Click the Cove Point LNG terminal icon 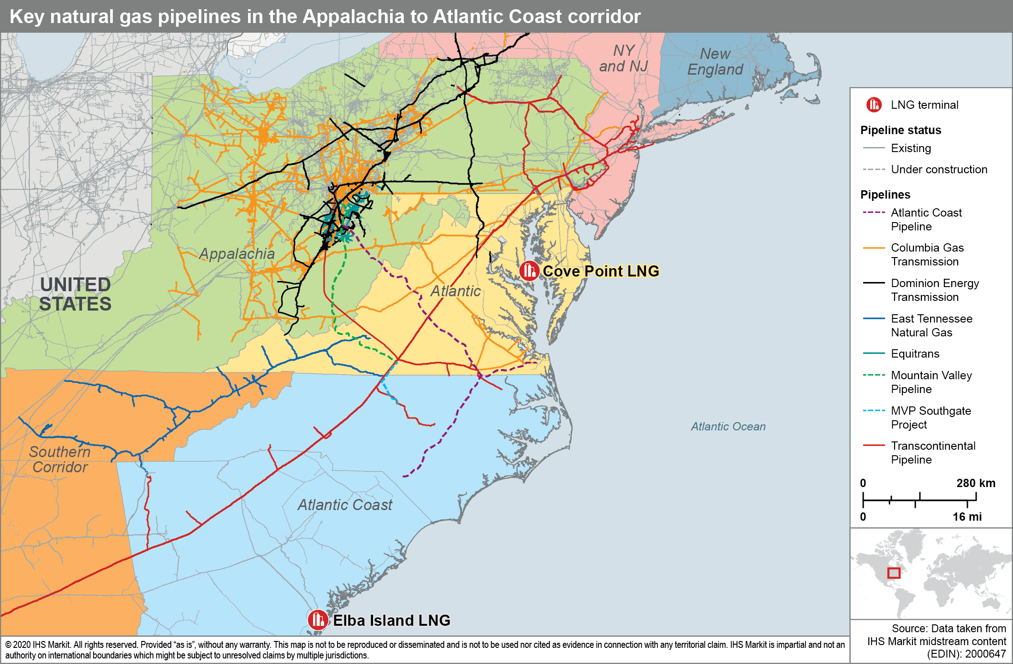pyautogui.click(x=529, y=271)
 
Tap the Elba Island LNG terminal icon pyautogui.click(x=318, y=620)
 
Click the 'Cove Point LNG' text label pyautogui.click(x=601, y=271)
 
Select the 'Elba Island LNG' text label pyautogui.click(x=391, y=620)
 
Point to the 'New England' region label pyautogui.click(x=715, y=62)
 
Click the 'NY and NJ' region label pyautogui.click(x=623, y=59)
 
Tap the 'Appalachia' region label pyautogui.click(x=237, y=254)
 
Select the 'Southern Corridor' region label pyautogui.click(x=59, y=459)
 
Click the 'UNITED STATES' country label pyautogui.click(x=75, y=294)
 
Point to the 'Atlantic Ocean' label pyautogui.click(x=728, y=427)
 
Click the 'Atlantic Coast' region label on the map pyautogui.click(x=345, y=505)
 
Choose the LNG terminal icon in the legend pyautogui.click(x=874, y=105)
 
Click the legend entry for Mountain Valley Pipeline pyautogui.click(x=931, y=382)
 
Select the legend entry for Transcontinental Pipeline pyautogui.click(x=933, y=452)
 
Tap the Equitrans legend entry pyautogui.click(x=915, y=354)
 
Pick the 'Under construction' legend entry pyautogui.click(x=939, y=170)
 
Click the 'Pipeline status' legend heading pyautogui.click(x=900, y=130)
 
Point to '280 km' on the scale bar pyautogui.click(x=975, y=483)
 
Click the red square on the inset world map pyautogui.click(x=894, y=573)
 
